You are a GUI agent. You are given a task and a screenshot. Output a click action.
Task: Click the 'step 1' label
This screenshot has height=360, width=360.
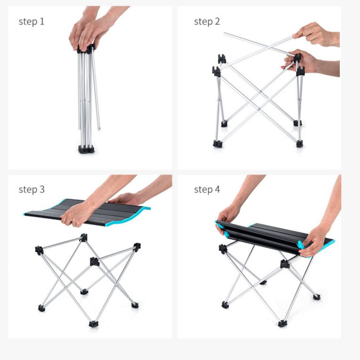(x=31, y=22)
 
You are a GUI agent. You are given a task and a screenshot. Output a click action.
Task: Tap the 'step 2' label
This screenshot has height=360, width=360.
(x=207, y=22)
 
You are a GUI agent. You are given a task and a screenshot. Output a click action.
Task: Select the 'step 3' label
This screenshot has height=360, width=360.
(x=31, y=190)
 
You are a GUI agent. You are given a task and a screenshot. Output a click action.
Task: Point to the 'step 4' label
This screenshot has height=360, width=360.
(x=207, y=190)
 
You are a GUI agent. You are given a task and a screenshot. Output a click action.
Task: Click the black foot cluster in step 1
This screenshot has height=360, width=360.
(x=86, y=149)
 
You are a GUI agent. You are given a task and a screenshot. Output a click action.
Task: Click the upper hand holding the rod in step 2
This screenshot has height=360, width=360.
(x=317, y=35)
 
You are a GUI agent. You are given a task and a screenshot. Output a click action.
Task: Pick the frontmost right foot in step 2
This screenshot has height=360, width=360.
(x=299, y=144)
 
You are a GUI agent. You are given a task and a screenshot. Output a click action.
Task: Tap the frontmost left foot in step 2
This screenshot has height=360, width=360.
(x=217, y=144)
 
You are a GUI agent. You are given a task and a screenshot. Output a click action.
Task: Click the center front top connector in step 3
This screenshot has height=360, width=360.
(x=94, y=262)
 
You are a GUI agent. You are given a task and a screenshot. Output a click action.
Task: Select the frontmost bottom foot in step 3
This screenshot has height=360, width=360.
(x=94, y=324)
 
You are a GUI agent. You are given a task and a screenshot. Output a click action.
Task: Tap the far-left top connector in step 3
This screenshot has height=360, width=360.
(x=39, y=250)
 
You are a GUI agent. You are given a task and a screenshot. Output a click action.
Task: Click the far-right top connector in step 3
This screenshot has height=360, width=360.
(x=137, y=247)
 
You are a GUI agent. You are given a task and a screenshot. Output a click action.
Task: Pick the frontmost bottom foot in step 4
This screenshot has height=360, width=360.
(x=282, y=323)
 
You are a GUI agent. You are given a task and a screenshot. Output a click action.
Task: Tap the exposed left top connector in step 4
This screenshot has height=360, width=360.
(x=223, y=249)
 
